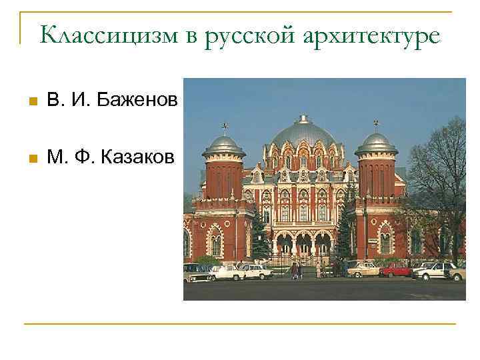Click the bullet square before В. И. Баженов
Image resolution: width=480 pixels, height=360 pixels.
click(x=30, y=102)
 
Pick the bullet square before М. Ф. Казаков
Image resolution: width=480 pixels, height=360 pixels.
click(x=30, y=159)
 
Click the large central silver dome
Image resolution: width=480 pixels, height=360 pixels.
click(x=303, y=133)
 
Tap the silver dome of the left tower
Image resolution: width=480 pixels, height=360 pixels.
click(x=224, y=144)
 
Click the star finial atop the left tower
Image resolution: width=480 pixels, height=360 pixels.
click(x=225, y=125)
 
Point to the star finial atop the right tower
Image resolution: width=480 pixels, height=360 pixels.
click(x=376, y=123)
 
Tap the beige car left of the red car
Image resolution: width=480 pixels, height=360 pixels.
click(x=363, y=269)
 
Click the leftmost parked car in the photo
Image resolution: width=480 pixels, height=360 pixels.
click(x=195, y=272)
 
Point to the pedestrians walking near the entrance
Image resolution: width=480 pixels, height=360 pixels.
click(x=295, y=270)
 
